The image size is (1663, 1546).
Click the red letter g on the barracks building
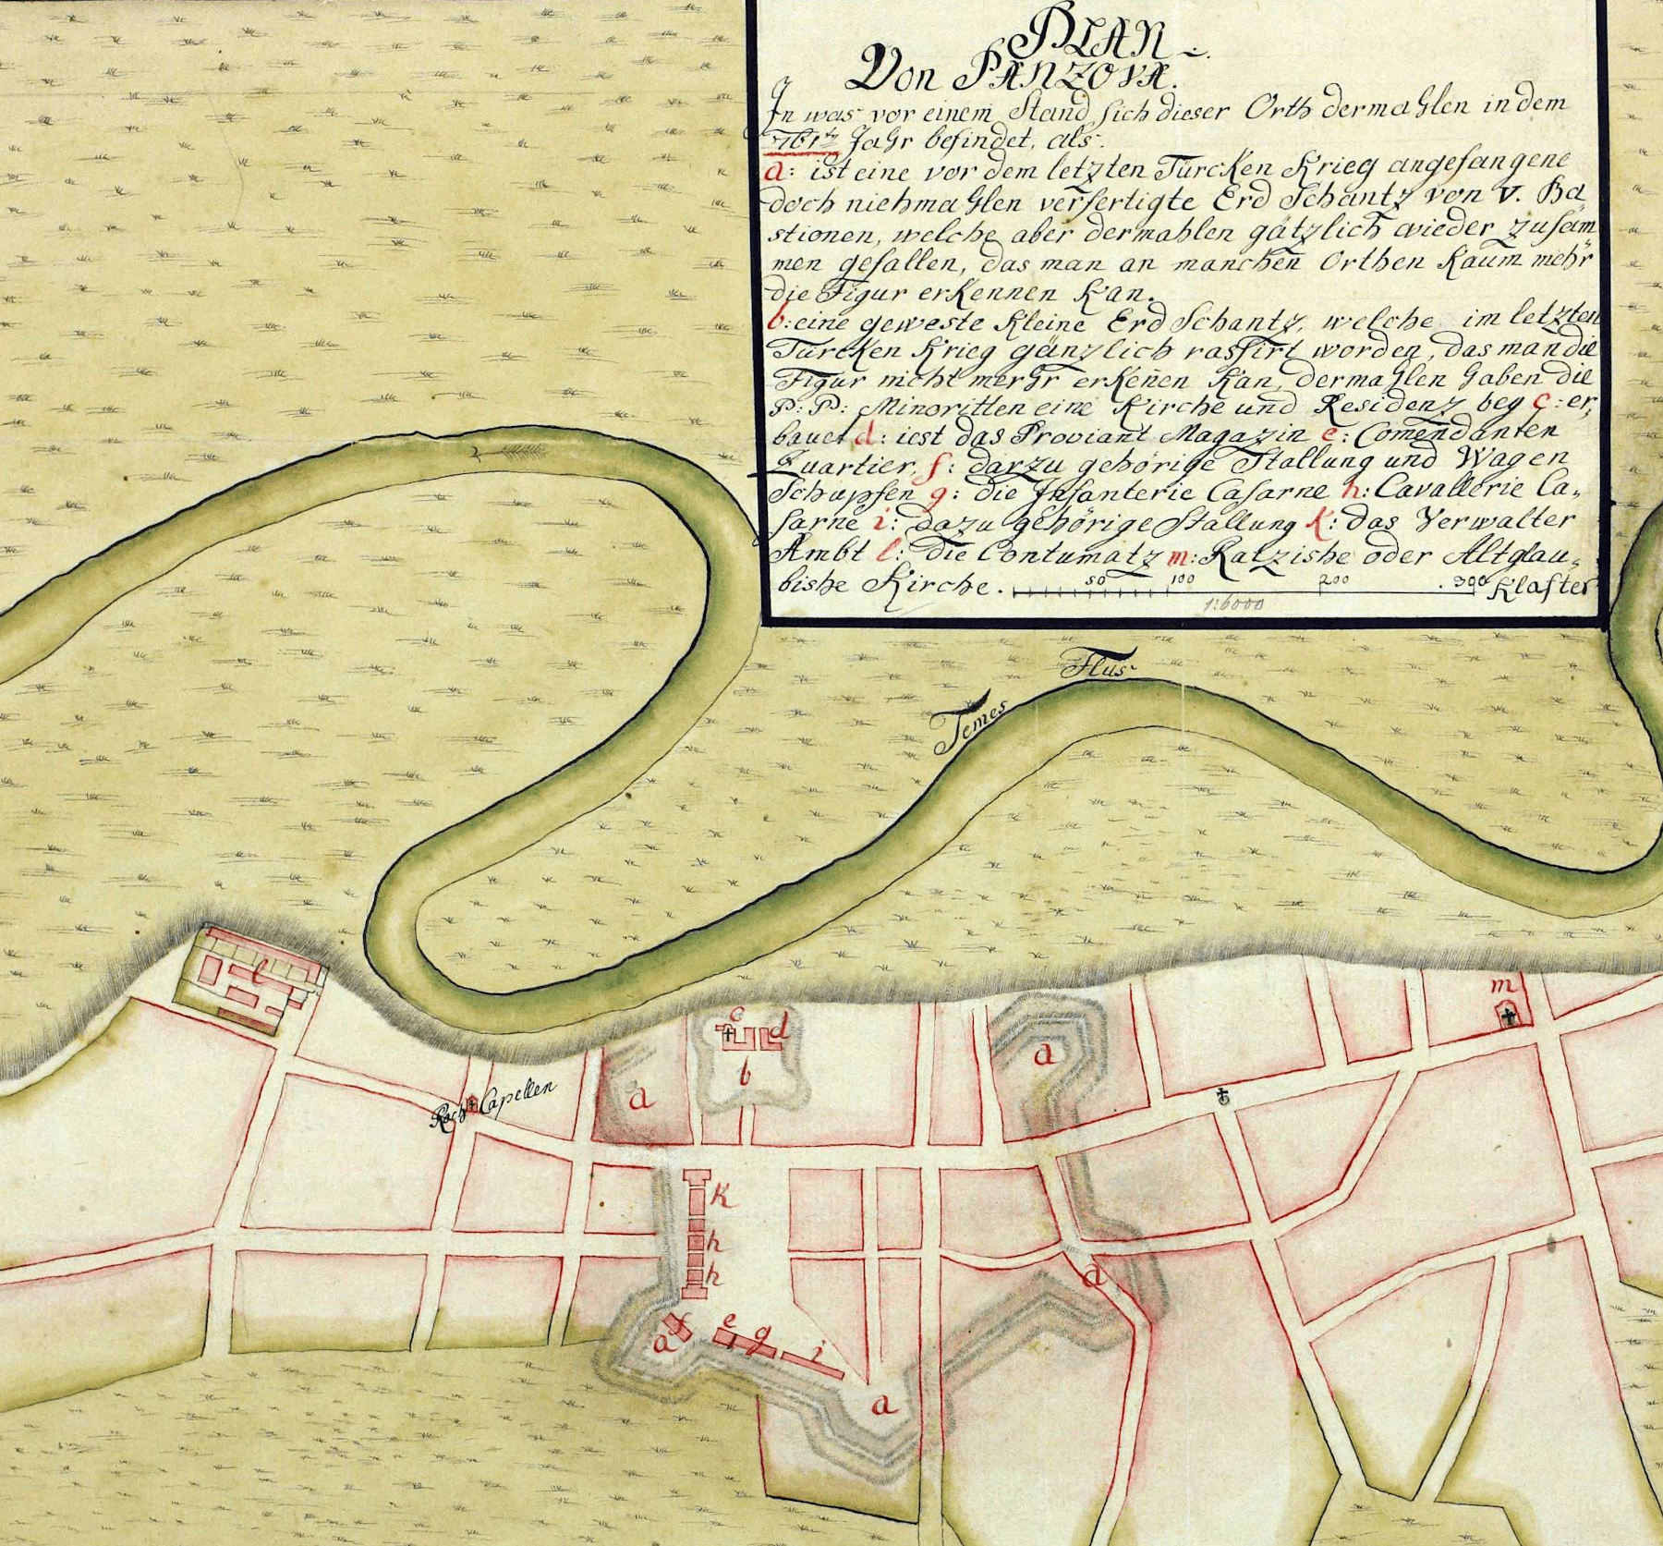click(x=759, y=1345)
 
